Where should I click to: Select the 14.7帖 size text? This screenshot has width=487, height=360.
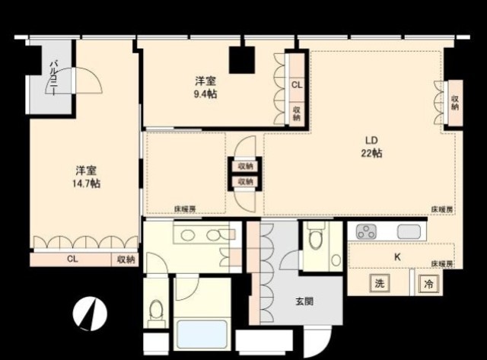pos(85,183)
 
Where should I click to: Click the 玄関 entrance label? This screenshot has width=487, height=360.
pos(304,301)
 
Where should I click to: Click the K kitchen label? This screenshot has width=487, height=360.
pos(396,257)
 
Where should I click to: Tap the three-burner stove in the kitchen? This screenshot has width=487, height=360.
pos(366,232)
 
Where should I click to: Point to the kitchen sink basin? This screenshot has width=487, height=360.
pos(409,232)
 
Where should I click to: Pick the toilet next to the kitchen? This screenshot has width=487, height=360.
pos(315,243)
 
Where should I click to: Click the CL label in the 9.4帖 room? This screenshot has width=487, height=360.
pos(297,85)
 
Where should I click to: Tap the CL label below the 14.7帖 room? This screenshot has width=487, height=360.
pos(72,260)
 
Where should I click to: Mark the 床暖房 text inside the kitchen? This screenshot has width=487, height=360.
pos(441,263)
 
